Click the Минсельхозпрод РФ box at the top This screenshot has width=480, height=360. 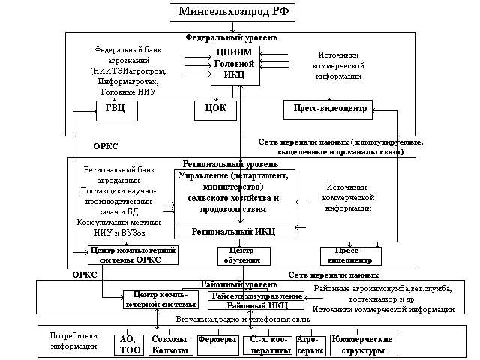(232, 12)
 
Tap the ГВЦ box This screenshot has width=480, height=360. (115, 109)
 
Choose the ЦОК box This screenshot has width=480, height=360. (216, 109)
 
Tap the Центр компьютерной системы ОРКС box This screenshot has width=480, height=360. (133, 255)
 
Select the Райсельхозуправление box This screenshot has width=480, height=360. (256, 296)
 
